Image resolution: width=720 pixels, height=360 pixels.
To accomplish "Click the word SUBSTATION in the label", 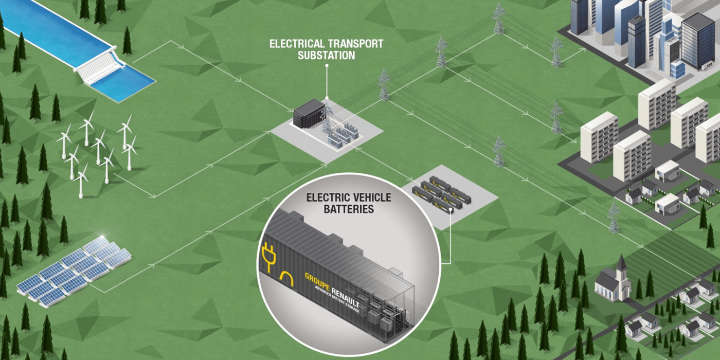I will tap(326, 55).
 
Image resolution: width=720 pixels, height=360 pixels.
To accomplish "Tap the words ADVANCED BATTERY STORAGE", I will tap(339, 300).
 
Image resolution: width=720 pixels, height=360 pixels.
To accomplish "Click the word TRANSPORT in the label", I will tap(356, 44).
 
